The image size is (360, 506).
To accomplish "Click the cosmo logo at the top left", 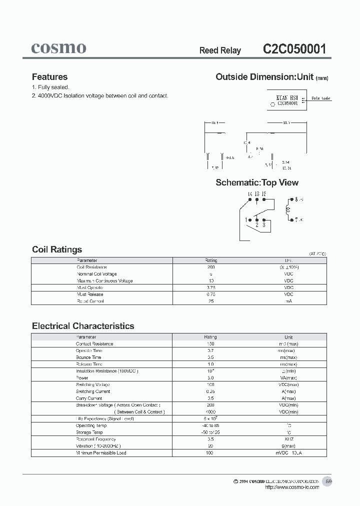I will (x=58, y=48).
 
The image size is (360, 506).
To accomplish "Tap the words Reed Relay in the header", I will (x=220, y=50).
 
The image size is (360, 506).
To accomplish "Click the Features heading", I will (x=49, y=77).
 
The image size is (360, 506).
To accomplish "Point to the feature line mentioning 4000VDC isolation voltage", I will (x=100, y=95).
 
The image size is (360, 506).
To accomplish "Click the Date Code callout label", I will (x=320, y=98).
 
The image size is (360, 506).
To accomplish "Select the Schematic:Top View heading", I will (x=257, y=182).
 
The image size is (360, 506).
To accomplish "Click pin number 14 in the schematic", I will (x=249, y=194).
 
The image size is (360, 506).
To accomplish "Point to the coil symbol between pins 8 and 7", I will (x=287, y=209).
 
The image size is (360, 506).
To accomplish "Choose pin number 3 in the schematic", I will (x=263, y=225).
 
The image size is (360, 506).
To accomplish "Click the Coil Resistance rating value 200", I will (x=210, y=267).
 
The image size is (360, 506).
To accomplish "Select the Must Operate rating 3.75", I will (x=210, y=287).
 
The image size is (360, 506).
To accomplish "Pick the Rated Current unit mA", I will (x=288, y=301).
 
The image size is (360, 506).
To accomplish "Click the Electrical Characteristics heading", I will (x=83, y=326).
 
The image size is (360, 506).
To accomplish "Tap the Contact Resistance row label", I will (x=94, y=344).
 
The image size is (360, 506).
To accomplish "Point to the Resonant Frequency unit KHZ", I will (x=288, y=439).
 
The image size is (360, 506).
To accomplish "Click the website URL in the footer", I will (x=291, y=487).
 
